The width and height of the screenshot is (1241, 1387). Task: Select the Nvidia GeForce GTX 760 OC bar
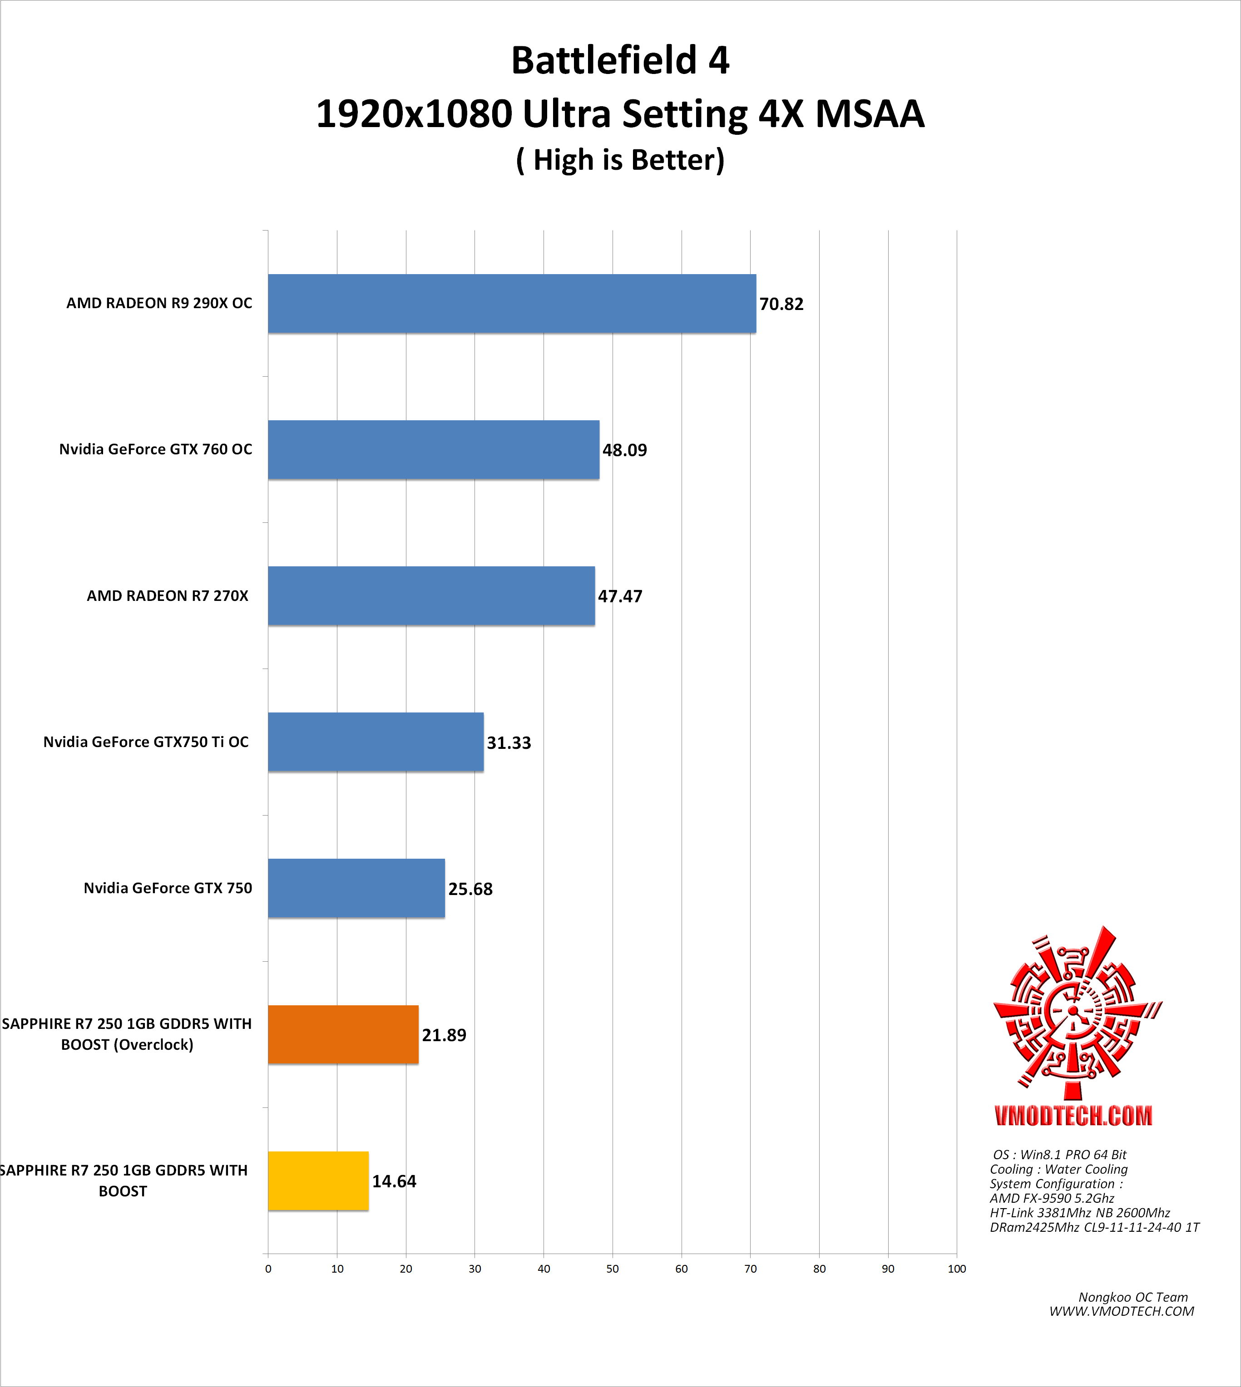pyautogui.click(x=433, y=449)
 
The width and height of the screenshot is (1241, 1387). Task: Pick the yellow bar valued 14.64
pyautogui.click(x=318, y=1180)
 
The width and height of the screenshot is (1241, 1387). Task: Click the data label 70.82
pyautogui.click(x=781, y=304)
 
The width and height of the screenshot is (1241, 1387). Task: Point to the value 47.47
pyautogui.click(x=620, y=596)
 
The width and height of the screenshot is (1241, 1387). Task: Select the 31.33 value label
pyautogui.click(x=509, y=743)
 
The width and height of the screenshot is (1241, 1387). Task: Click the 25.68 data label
pyautogui.click(x=470, y=889)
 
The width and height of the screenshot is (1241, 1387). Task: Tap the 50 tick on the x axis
pyautogui.click(x=612, y=1269)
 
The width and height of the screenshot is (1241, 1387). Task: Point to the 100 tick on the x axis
pyautogui.click(x=957, y=1269)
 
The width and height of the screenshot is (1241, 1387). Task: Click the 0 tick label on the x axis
pyautogui.click(x=268, y=1269)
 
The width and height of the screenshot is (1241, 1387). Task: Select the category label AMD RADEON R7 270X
pyautogui.click(x=168, y=596)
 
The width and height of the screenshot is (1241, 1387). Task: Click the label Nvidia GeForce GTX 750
pyautogui.click(x=168, y=888)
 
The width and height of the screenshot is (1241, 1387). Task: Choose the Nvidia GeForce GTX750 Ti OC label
pyautogui.click(x=146, y=742)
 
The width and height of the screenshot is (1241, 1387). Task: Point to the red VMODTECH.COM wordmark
pyautogui.click(x=1073, y=1116)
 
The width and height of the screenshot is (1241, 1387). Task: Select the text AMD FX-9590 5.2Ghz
pyautogui.click(x=1052, y=1198)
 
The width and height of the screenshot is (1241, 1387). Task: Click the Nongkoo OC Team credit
pyautogui.click(x=1132, y=1297)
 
